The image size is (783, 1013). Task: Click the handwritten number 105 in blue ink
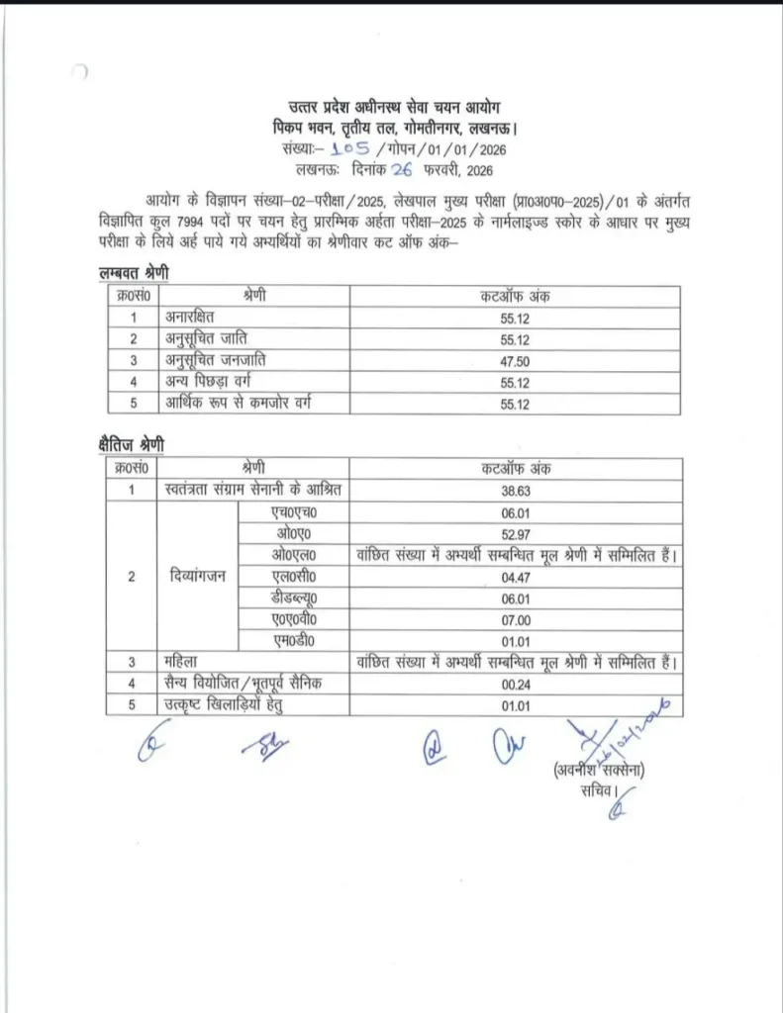click(349, 149)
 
